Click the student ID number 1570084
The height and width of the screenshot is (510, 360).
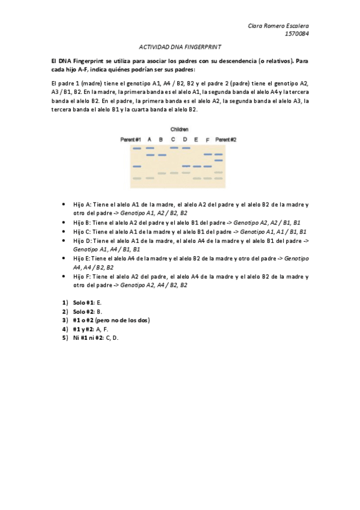(x=297, y=34)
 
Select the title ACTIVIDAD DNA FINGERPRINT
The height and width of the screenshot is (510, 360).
(x=180, y=46)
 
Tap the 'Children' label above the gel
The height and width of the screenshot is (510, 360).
(x=179, y=129)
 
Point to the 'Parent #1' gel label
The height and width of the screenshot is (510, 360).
(x=130, y=139)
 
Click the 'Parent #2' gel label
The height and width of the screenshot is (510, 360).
(x=225, y=139)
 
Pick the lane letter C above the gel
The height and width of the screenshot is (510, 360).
(x=173, y=139)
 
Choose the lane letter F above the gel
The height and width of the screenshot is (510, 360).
(x=207, y=139)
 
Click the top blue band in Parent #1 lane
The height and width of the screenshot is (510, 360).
(x=137, y=148)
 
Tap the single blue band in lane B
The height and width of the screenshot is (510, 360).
(x=162, y=155)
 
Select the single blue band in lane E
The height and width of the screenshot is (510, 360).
(x=197, y=166)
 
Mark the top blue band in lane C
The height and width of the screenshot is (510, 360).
(x=174, y=147)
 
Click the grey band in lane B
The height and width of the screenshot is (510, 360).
(x=162, y=173)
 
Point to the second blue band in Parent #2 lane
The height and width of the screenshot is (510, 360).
(x=219, y=160)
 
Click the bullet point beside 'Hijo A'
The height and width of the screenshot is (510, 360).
(x=64, y=205)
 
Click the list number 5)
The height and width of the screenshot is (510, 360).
(x=64, y=337)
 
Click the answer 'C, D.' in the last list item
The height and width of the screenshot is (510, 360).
(x=111, y=337)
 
